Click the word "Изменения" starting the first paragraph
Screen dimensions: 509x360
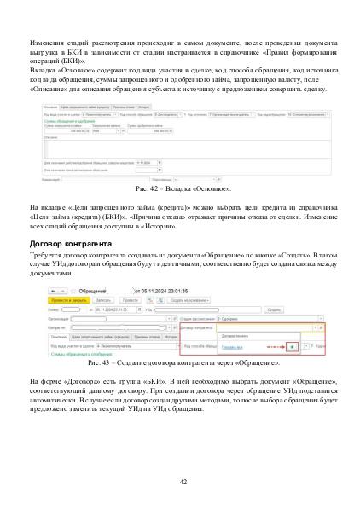[x=48, y=42]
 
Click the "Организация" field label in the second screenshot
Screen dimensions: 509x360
[x=59, y=317]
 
